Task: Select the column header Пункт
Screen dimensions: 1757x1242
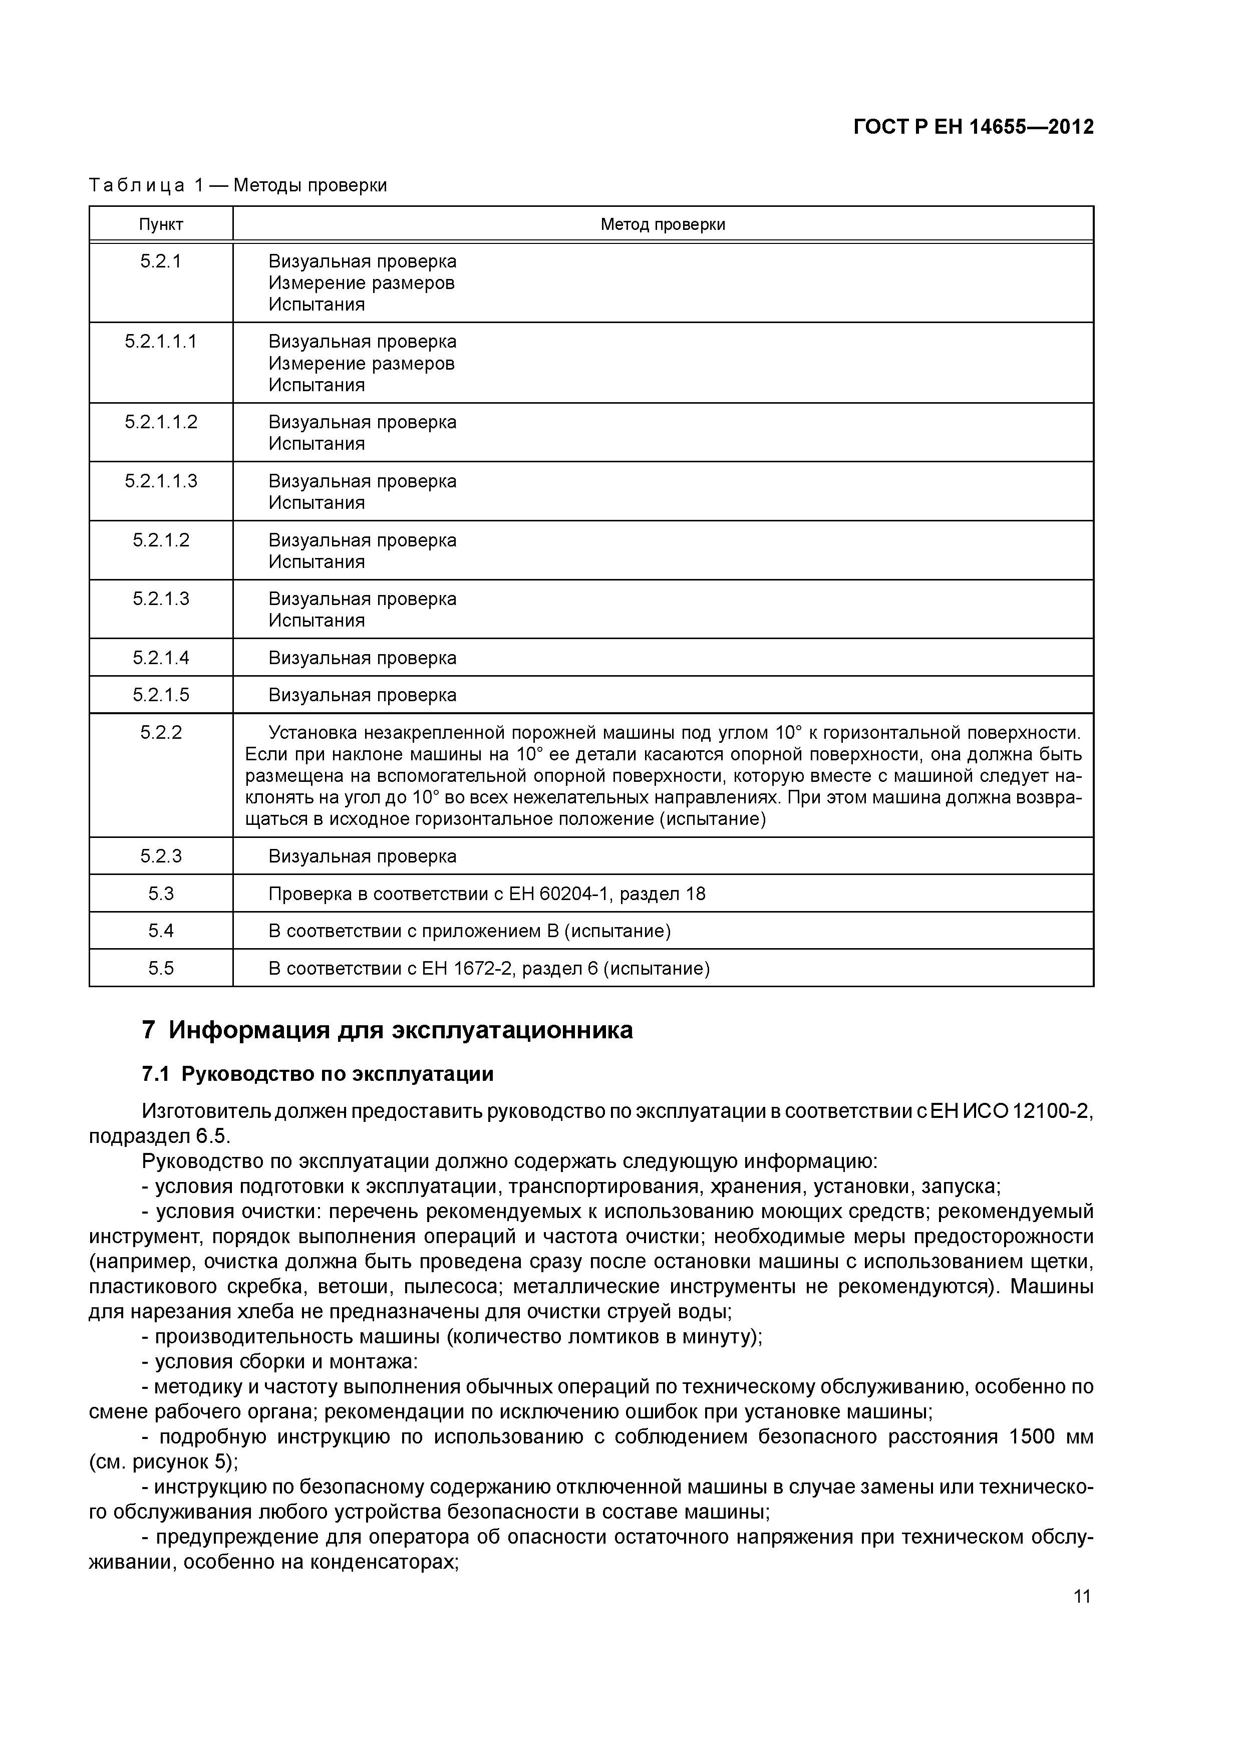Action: [161, 224]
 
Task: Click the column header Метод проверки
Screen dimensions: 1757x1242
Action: [663, 224]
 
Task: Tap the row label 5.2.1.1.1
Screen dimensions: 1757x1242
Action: [161, 341]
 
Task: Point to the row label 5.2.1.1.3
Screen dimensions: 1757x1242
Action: [161, 481]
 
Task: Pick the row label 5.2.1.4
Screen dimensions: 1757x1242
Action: [161, 657]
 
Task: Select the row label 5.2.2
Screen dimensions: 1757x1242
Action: [161, 732]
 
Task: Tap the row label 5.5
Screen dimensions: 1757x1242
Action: [161, 969]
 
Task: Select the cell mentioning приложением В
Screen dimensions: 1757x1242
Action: [469, 931]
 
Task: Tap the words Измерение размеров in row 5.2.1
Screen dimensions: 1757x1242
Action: [361, 283]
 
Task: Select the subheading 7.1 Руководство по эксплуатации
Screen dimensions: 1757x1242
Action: [318, 1074]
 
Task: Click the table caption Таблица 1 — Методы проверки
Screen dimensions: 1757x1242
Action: [238, 185]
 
